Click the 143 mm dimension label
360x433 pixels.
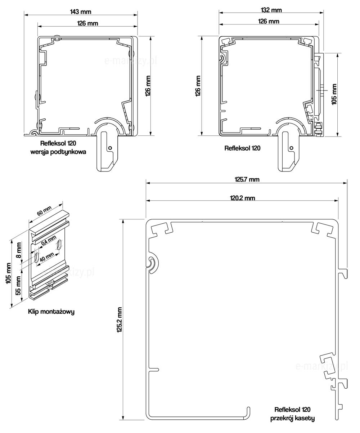[81, 12]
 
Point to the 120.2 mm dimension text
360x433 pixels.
[242, 198]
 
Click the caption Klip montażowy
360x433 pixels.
[51, 312]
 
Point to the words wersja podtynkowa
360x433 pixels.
[58, 152]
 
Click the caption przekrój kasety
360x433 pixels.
[292, 418]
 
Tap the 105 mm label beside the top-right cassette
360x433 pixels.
[334, 94]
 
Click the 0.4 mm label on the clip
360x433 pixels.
[49, 241]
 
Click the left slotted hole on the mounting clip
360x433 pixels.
[37, 258]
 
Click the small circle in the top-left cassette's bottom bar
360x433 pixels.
[110, 147]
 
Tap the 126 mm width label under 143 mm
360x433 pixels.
[87, 23]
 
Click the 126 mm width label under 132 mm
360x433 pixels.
[269, 21]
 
